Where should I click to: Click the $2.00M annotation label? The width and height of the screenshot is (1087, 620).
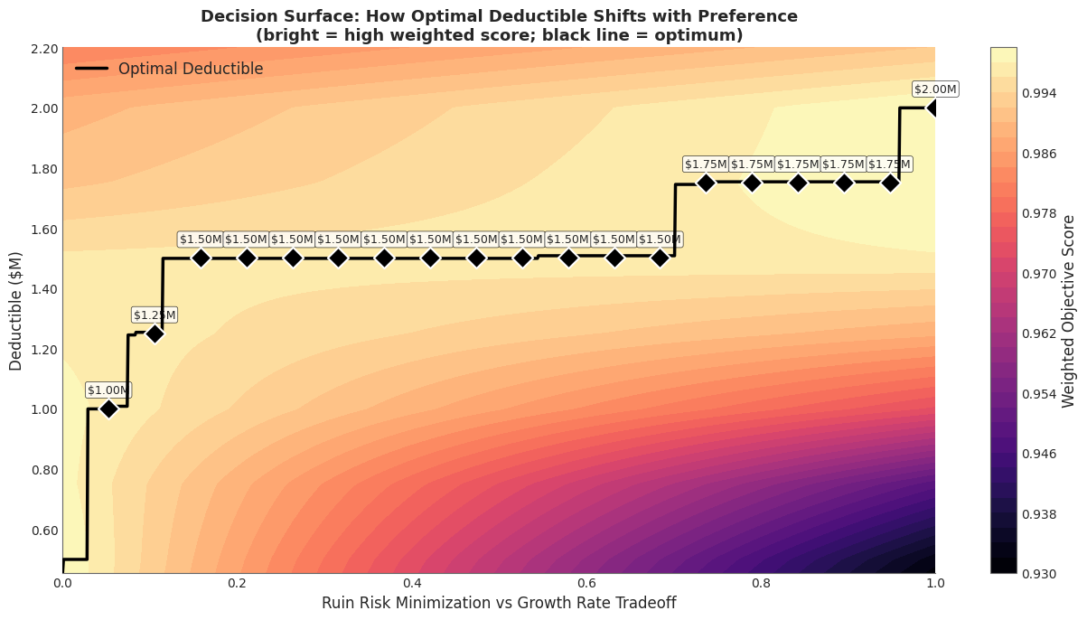[934, 89]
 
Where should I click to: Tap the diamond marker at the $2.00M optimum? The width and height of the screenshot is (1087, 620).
[934, 108]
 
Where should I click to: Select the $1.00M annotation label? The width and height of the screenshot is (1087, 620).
[108, 390]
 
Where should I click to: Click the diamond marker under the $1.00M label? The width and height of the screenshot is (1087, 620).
[108, 409]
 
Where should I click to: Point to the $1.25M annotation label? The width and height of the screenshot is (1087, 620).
[155, 315]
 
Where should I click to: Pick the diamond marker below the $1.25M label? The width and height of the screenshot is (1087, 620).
[155, 333]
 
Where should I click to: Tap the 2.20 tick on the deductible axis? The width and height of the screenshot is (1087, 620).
[43, 48]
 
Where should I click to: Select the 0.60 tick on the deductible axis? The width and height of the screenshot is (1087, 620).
[43, 531]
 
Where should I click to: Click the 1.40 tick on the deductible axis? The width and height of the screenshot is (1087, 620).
[43, 289]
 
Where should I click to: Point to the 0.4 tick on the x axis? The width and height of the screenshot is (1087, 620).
[412, 584]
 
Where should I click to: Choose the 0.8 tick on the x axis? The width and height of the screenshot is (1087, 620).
[761, 584]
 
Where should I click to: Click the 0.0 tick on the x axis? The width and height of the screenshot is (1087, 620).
[63, 584]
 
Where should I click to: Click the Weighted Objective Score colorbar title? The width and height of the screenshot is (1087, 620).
[1069, 310]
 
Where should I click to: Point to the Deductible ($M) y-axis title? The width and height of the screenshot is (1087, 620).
[15, 310]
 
